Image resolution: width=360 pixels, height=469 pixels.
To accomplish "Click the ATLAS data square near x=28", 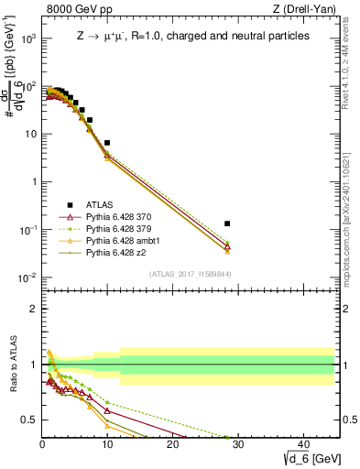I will [x=227, y=224].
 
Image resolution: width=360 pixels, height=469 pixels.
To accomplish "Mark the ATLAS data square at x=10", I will [x=107, y=143].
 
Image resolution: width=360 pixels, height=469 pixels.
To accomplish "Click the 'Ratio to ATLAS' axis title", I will [x=14, y=364].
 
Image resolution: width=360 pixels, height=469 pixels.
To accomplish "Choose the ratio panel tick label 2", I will [x=32, y=308].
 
